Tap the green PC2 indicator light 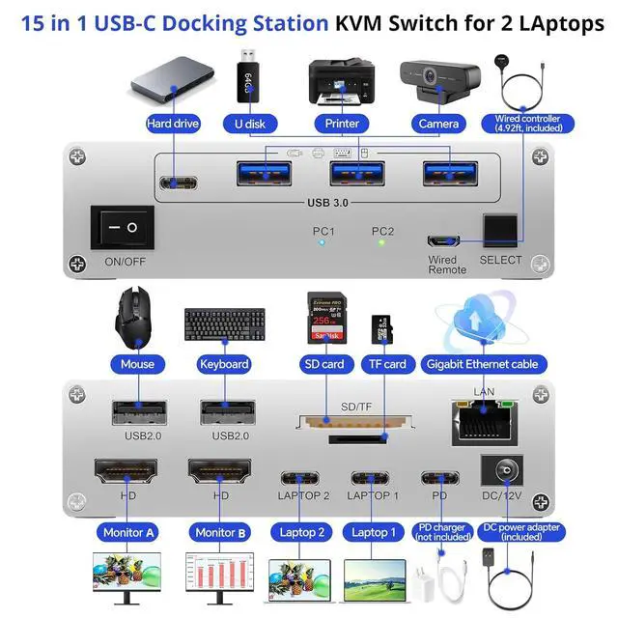[382, 242]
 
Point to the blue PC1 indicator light [323, 242]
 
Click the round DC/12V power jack [501, 470]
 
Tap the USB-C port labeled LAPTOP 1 [373, 478]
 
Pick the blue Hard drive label [173, 124]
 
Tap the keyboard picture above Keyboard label [223, 324]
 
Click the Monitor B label [221, 532]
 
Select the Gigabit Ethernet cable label [483, 364]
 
